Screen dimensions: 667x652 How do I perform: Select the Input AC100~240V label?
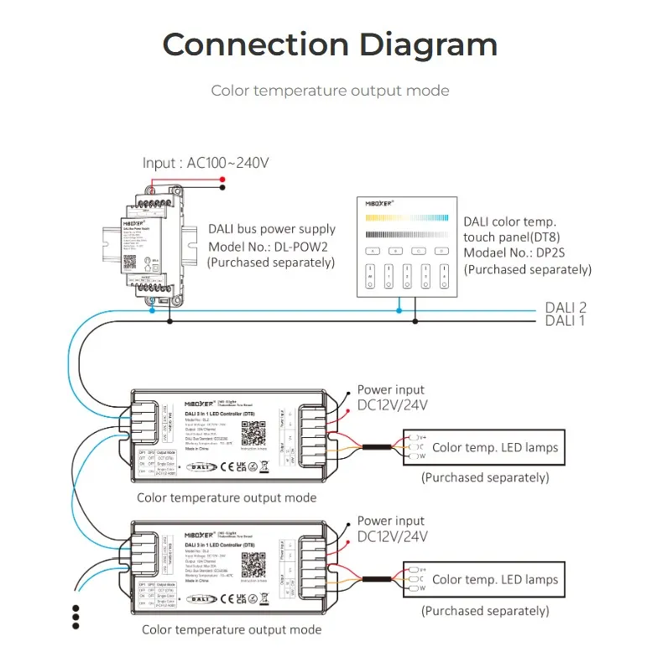206,163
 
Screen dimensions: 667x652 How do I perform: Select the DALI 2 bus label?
566,308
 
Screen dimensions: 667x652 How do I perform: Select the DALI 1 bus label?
566,320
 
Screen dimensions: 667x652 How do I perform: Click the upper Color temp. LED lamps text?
494,448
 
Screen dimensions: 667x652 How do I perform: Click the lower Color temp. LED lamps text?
494,579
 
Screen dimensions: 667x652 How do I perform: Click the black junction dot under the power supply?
170,320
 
